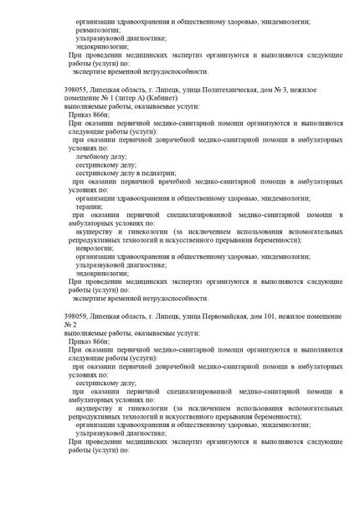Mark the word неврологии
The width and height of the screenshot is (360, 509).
point(95,249)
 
